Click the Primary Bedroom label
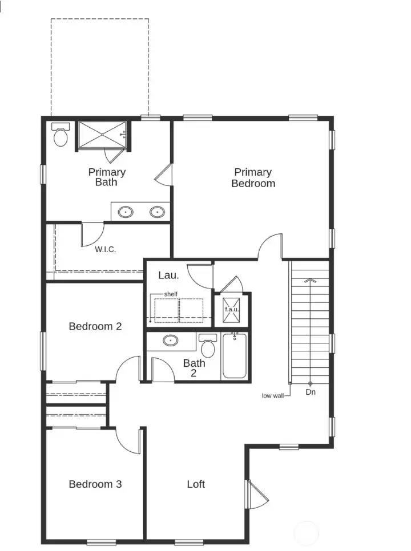(x=253, y=177)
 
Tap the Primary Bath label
(x=107, y=177)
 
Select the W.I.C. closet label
(x=106, y=249)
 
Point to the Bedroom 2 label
(x=95, y=326)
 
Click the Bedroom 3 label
(x=95, y=484)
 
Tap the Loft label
(x=196, y=484)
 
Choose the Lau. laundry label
(x=168, y=275)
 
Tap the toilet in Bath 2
(x=208, y=346)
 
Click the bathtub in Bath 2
(x=234, y=356)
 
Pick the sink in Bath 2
(x=170, y=341)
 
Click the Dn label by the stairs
(x=311, y=392)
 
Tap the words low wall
(x=274, y=395)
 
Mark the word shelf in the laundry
(x=171, y=294)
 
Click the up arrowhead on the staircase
(x=310, y=281)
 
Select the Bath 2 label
(x=194, y=368)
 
